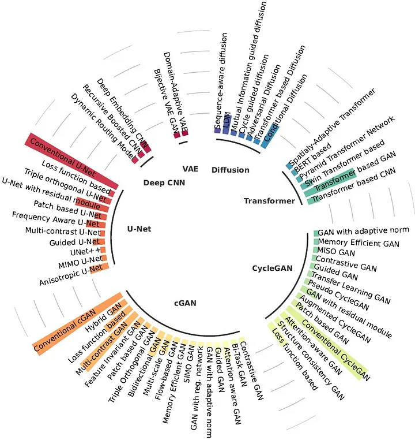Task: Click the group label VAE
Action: pyautogui.click(x=190, y=169)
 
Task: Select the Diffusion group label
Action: pyautogui.click(x=231, y=170)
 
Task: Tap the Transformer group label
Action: pyautogui.click(x=269, y=201)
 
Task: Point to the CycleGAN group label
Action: pyautogui.click(x=273, y=268)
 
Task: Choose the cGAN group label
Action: pyautogui.click(x=186, y=303)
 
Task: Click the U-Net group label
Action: pyautogui.click(x=139, y=229)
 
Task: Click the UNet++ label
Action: pyautogui.click(x=86, y=251)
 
